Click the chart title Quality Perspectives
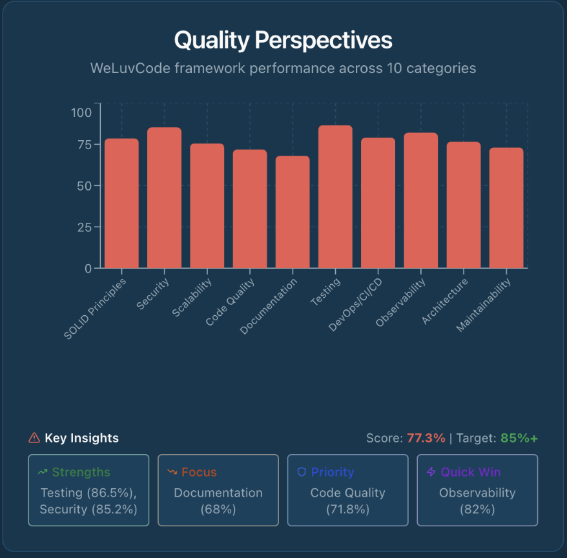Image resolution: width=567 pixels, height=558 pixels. tap(283, 41)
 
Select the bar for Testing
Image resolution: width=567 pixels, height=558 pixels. tap(335, 197)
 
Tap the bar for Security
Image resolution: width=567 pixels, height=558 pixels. tap(164, 198)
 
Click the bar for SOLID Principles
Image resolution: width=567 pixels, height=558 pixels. tap(121, 203)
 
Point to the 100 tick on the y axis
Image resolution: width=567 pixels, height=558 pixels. tap(81, 112)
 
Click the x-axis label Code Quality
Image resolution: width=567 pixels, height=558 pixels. tap(232, 301)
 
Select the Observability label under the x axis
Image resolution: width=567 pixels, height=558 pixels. tap(402, 302)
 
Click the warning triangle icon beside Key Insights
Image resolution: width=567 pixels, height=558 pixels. tap(34, 438)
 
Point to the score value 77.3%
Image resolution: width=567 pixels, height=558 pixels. tap(426, 438)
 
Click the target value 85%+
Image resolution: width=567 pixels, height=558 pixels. tap(519, 438)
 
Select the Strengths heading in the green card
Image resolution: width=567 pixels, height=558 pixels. tap(81, 472)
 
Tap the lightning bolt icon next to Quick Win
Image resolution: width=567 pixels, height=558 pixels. tap(431, 472)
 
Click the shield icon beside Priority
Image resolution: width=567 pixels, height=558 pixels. tap(301, 472)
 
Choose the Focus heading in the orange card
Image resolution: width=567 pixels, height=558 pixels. tap(199, 472)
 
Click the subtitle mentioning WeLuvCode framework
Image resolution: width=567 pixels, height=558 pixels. tap(283, 68)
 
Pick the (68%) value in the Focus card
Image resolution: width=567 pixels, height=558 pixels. tap(218, 509)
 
